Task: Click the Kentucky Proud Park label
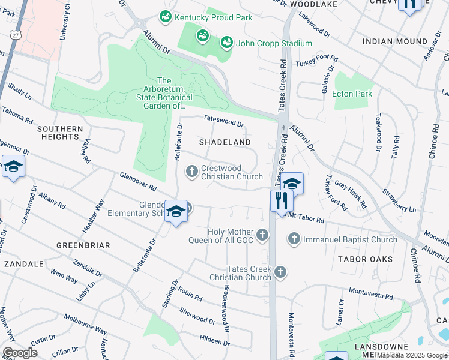coord(213,18)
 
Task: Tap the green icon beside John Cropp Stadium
coord(226,43)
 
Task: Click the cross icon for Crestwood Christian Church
coord(192,172)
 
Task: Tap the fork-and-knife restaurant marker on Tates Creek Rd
coord(280,200)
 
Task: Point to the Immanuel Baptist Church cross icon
coord(294,239)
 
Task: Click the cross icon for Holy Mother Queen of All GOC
coord(262,235)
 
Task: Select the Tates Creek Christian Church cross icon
coord(279,274)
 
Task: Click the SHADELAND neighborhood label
coord(225,142)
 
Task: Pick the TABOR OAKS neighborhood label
coord(365,259)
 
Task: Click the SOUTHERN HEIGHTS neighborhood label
coord(60,133)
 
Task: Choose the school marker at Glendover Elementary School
coord(176,212)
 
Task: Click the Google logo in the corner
coord(19,353)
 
